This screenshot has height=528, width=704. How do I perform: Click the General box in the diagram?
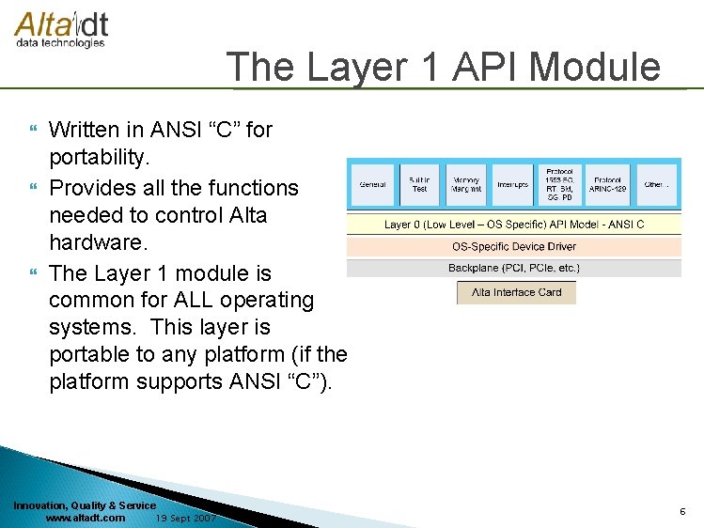372,185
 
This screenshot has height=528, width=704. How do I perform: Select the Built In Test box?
419,185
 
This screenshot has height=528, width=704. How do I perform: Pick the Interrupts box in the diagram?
512,185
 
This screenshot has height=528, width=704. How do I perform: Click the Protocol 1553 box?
560,185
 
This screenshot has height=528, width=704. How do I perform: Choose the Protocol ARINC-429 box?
607,185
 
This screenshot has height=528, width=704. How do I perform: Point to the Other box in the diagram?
656,185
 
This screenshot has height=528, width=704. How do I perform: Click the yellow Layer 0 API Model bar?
514,225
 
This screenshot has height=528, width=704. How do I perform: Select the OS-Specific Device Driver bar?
514,246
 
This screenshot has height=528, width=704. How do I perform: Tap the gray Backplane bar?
514,268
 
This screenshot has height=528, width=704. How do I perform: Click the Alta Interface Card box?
516,292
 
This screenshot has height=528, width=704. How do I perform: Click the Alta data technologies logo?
60,29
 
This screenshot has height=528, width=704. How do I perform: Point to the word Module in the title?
595,68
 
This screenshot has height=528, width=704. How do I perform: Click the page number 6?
682,511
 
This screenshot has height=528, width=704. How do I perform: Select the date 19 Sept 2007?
186,518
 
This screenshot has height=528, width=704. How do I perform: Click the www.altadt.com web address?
85,518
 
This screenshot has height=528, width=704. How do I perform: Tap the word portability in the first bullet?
98,156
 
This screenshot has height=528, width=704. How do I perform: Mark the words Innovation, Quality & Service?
85,505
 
